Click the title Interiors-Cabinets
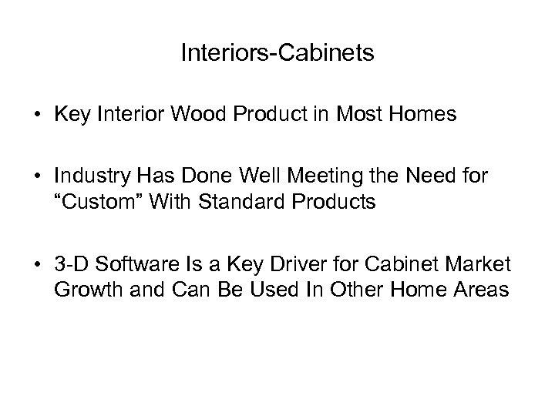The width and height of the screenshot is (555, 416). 277,53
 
